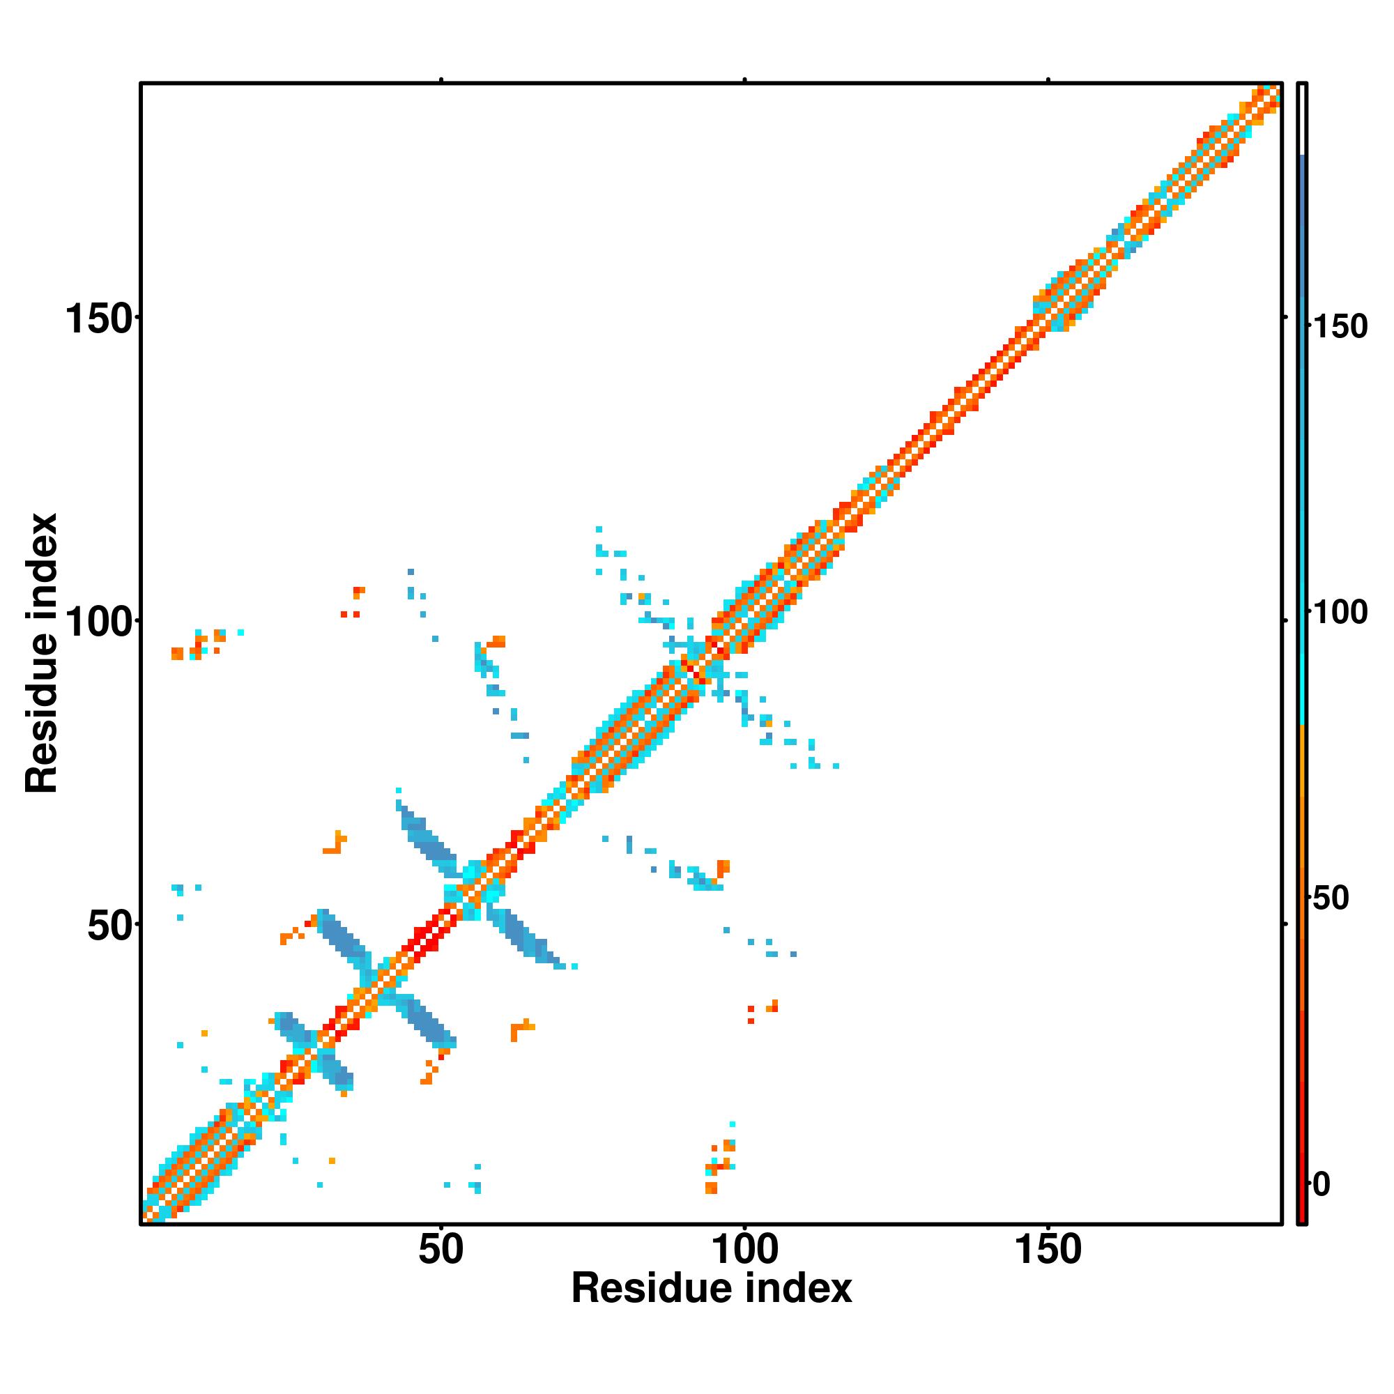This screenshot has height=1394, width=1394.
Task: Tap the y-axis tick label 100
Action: pyautogui.click(x=100, y=621)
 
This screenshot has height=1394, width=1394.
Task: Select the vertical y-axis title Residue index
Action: pyautogui.click(x=41, y=653)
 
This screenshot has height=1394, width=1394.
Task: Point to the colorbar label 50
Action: pyautogui.click(x=1330, y=898)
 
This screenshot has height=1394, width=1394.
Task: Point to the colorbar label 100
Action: pyautogui.click(x=1339, y=613)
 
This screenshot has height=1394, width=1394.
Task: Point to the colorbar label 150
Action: pyautogui.click(x=1339, y=327)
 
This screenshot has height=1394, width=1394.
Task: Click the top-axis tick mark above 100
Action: pyautogui.click(x=744, y=80)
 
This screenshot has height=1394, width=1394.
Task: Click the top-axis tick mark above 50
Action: pyautogui.click(x=441, y=80)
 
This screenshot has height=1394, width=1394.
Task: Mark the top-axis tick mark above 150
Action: pyautogui.click(x=1048, y=80)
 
